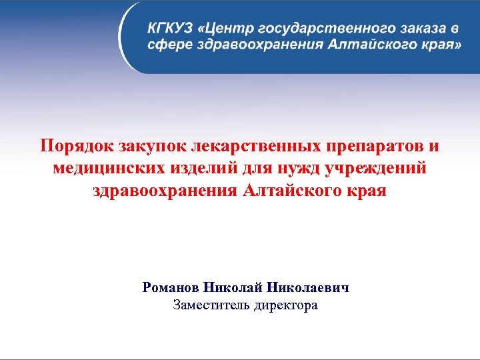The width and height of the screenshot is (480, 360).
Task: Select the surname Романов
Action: tap(170, 288)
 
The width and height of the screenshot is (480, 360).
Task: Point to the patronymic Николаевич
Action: tap(308, 288)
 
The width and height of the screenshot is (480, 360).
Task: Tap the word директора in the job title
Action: tap(285, 306)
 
